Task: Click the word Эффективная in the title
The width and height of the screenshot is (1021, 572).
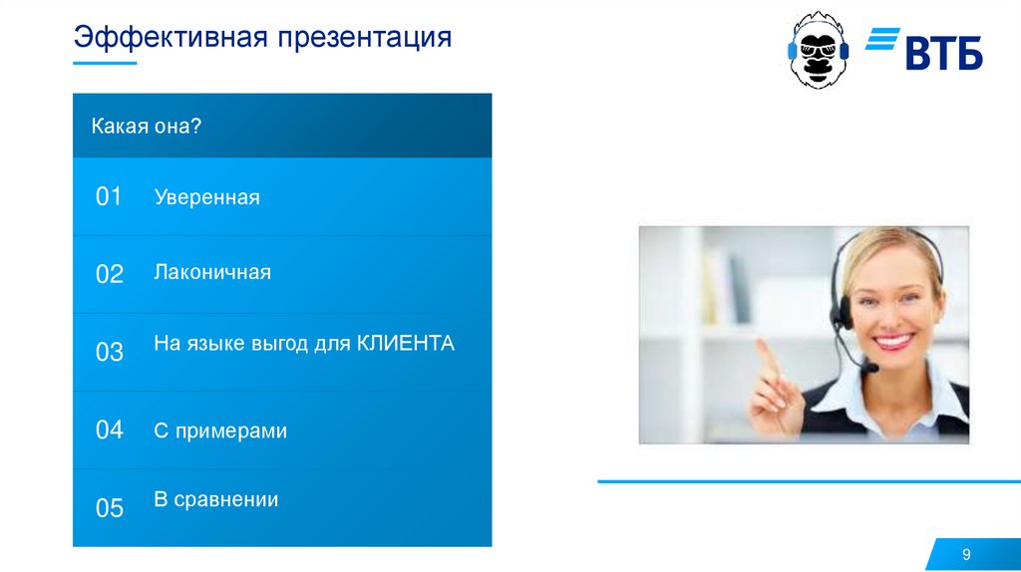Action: [x=170, y=37]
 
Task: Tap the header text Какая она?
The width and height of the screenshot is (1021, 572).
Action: [x=147, y=126]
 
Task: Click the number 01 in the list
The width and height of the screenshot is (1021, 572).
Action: [x=109, y=196]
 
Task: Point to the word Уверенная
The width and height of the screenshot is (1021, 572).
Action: [x=207, y=197]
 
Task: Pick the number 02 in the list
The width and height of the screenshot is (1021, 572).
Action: [x=109, y=274]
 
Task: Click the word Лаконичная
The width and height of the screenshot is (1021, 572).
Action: [x=212, y=271]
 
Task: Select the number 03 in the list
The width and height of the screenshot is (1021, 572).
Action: [x=109, y=352]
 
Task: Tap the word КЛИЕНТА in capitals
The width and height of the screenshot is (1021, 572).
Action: [x=406, y=343]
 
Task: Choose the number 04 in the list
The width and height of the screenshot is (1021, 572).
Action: [x=109, y=429]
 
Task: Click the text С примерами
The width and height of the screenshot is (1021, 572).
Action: [x=220, y=430]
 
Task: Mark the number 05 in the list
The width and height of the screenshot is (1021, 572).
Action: [x=109, y=507]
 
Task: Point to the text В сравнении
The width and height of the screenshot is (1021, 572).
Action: [x=216, y=499]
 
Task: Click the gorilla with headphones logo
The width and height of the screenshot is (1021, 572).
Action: [x=818, y=50]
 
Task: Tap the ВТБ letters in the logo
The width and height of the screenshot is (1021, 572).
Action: [x=943, y=54]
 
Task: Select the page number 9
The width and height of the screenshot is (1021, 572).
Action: [x=966, y=554]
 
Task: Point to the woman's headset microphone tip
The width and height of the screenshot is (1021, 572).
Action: [x=870, y=369]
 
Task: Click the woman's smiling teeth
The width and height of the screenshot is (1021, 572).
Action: [x=893, y=341]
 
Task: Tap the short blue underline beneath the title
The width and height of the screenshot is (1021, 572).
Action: [x=105, y=63]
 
